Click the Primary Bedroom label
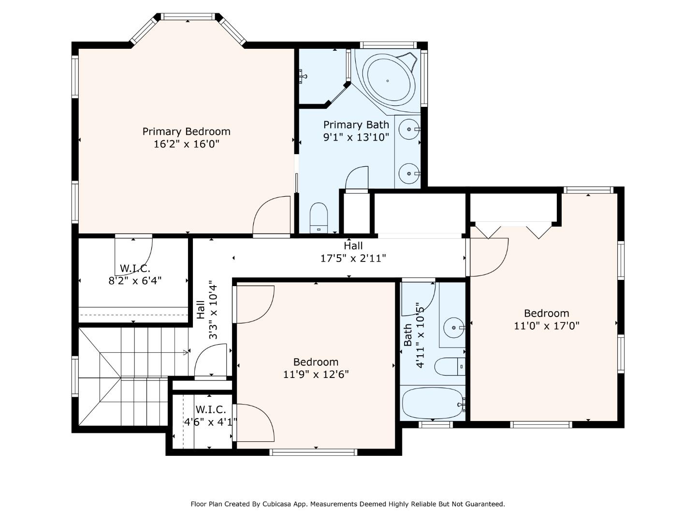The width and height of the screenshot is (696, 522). pos(186,131)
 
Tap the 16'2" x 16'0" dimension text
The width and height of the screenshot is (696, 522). pos(187,144)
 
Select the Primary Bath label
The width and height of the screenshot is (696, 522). pos(356,125)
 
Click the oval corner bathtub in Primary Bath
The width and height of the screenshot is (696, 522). pos(391,81)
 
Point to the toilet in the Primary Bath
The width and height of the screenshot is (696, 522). pos(319,218)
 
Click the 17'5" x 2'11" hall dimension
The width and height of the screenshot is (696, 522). pos(353,258)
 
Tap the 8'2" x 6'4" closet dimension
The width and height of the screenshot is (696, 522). pos(135,281)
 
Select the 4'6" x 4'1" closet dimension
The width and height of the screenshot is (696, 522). pos(211,422)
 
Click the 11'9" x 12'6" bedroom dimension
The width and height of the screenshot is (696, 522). pos(316,375)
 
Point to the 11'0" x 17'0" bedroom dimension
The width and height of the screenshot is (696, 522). pos(547,326)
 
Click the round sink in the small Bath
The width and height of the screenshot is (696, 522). pos(454,327)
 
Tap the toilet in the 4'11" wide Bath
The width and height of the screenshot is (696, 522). pos(449,367)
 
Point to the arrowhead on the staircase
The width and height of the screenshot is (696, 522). pos(186,352)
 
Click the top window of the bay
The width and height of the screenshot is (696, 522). pos(188,16)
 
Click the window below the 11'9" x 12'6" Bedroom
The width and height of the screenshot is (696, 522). pos(314,452)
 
